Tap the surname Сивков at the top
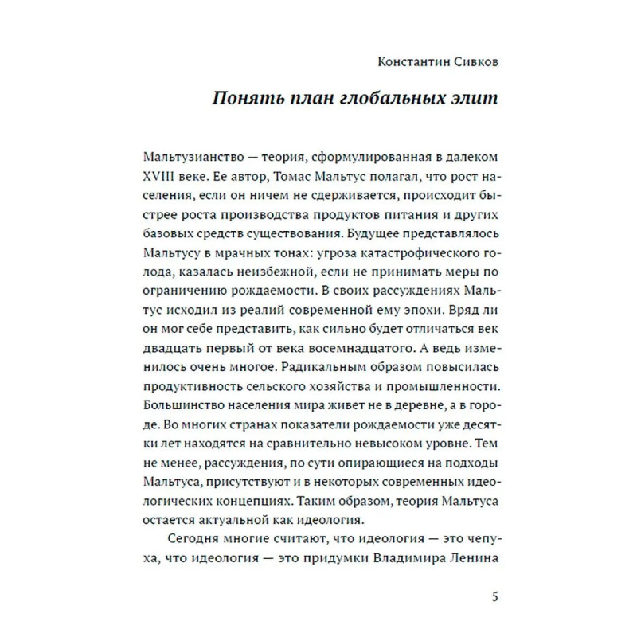[x=471, y=61]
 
